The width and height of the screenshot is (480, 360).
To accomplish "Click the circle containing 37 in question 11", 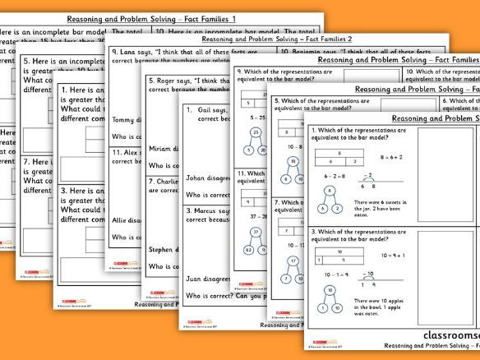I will [255, 233].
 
